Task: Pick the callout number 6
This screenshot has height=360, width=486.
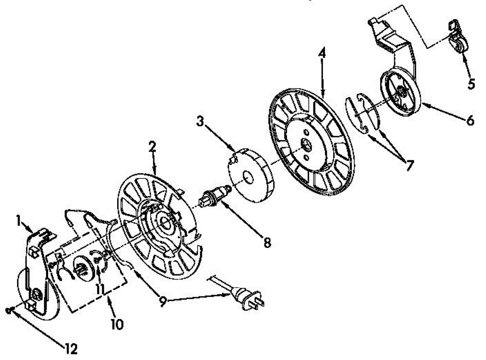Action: pyautogui.click(x=469, y=120)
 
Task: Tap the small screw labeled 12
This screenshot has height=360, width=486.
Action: pyautogui.click(x=9, y=310)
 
